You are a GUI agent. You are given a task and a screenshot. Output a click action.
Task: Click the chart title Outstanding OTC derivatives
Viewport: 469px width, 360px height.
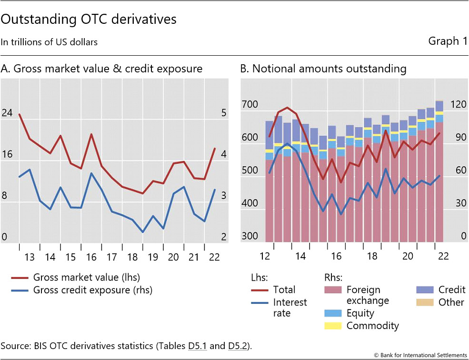point(89,20)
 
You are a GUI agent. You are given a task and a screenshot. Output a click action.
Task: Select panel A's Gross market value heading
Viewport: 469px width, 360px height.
point(101,69)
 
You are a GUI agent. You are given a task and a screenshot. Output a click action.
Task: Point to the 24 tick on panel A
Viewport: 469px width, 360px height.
point(7,113)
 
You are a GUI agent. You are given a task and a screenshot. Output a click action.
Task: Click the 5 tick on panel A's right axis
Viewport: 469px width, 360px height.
point(224,113)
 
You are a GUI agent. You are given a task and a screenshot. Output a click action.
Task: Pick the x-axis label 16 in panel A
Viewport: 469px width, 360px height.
point(91,257)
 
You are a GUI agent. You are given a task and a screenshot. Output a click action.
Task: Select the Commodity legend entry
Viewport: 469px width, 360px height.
point(372,326)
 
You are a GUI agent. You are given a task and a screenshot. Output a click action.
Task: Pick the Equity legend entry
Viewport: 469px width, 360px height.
point(360,313)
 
